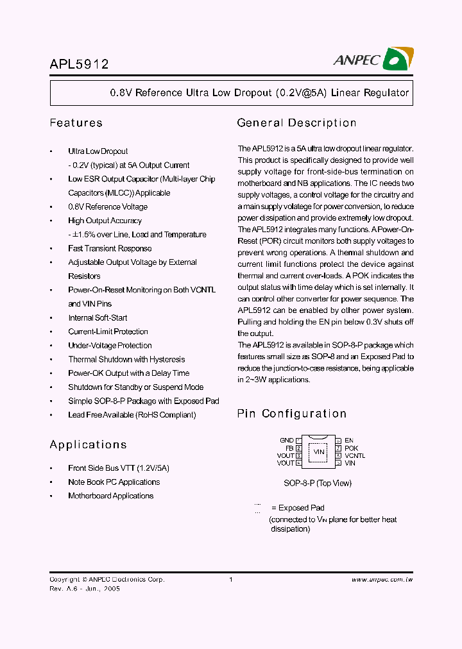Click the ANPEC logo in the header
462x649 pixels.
373,59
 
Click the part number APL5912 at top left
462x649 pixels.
79,64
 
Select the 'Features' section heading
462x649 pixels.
76,122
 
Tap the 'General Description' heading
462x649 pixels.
296,122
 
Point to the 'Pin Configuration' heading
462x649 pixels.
291,414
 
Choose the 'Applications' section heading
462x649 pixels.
88,444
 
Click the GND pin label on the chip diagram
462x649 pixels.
286,441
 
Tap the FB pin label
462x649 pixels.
289,448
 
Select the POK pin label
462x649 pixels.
351,448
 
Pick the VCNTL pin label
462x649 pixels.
355,455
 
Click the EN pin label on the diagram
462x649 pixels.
349,441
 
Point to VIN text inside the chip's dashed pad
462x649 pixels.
319,452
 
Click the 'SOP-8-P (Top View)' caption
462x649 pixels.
318,483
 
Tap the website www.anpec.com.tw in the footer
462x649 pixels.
382,580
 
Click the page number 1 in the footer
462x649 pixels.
230,580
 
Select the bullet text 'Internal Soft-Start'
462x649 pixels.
98,317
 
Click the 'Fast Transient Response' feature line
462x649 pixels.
110,248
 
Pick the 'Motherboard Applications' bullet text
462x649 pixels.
111,496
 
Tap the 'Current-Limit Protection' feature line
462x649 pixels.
108,332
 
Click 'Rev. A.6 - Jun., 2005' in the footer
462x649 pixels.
85,589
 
